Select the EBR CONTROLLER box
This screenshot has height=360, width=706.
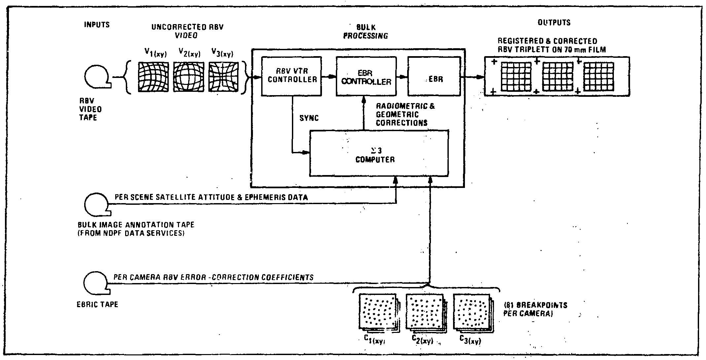coord(366,76)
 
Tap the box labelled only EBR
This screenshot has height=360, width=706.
coord(434,76)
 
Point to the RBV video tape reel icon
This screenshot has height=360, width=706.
coord(97,78)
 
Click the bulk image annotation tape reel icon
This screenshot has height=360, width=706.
coord(97,204)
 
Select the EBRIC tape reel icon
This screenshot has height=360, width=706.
coord(96,283)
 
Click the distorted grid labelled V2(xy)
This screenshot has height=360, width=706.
coord(188,77)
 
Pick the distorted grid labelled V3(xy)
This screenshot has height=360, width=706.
coord(224,77)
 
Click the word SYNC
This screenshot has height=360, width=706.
coord(309,118)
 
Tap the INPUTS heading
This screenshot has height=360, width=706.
coord(97,25)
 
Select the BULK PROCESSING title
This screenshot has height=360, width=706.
coord(366,31)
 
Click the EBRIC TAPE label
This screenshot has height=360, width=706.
coord(97,304)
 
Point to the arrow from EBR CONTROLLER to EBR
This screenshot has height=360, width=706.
coord(402,77)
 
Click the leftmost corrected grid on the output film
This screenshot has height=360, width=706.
coord(516,77)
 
